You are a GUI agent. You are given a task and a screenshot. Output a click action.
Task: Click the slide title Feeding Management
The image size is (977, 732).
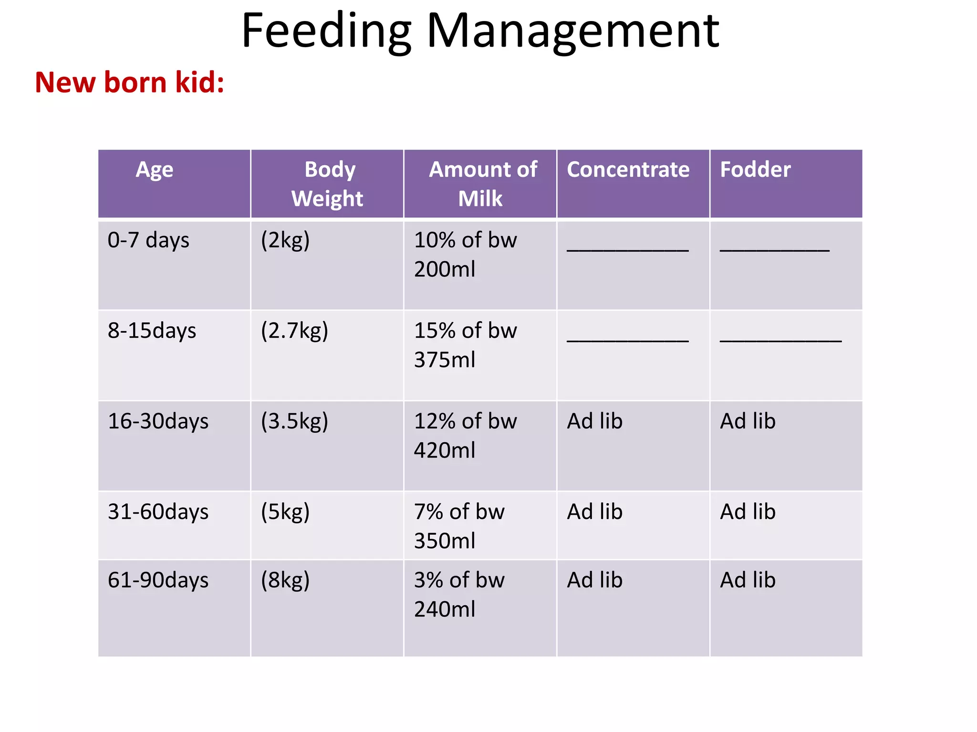pos(480,31)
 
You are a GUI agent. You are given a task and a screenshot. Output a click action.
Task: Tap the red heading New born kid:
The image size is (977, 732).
pos(129,82)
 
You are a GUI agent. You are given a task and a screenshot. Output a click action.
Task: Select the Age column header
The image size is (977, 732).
pos(155,170)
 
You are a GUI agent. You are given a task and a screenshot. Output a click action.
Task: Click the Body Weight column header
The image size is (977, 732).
pos(328,184)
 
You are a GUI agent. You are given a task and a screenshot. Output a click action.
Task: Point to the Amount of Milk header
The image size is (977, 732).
pos(482,184)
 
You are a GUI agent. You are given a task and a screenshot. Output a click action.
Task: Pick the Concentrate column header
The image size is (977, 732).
pos(628,170)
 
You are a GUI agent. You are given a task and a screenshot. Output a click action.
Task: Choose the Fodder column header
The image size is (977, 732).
pos(755,170)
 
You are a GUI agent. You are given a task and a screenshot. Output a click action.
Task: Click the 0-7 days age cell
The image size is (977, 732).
pos(148,240)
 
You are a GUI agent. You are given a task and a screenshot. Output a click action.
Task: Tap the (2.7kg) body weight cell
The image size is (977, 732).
pos(294,331)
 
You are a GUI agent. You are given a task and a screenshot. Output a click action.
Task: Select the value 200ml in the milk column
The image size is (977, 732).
pos(444,270)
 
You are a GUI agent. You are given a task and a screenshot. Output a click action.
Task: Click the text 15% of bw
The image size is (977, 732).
pos(465,331)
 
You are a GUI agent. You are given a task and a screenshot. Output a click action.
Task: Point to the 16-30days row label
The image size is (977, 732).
pos(158,421)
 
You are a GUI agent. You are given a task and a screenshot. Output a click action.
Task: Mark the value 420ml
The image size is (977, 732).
pos(444,450)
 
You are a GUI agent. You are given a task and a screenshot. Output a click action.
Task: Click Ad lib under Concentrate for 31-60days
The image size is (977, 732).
pos(594,512)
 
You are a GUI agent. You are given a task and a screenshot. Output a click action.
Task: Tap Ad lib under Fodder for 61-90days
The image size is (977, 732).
pos(748,580)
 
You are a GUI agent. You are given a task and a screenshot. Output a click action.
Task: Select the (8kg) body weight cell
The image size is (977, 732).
pos(285,580)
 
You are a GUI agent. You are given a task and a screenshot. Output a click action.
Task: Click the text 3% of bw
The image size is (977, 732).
pos(459,580)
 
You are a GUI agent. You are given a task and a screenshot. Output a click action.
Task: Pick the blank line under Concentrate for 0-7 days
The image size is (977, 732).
pos(627,249)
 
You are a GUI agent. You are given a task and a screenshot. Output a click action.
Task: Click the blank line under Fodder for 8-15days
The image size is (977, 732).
pos(780,340)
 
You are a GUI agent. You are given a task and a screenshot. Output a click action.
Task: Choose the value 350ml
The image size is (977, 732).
pos(444,541)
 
